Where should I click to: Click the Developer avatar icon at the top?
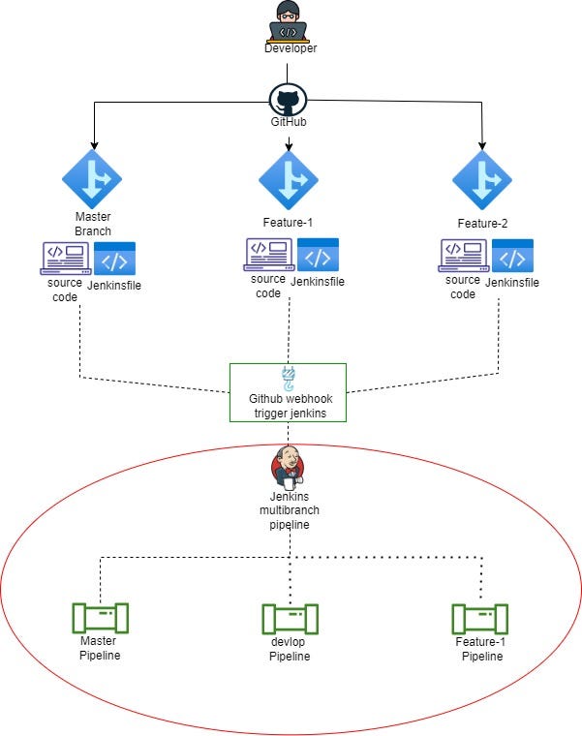click(290, 20)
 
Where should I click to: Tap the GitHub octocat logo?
click(288, 100)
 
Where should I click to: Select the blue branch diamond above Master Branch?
click(92, 179)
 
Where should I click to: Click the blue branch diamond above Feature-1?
click(289, 179)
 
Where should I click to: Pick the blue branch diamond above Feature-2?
click(482, 179)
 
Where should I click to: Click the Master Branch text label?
click(93, 224)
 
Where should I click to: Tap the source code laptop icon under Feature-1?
click(266, 254)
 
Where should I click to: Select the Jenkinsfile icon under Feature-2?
click(512, 257)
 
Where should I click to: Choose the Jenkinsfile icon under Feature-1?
click(318, 255)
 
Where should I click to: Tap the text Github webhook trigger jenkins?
click(288, 406)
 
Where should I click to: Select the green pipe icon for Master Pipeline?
click(100, 617)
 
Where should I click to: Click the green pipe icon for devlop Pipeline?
click(290, 618)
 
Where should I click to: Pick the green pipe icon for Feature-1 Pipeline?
click(480, 617)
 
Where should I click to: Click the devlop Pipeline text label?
click(290, 649)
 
